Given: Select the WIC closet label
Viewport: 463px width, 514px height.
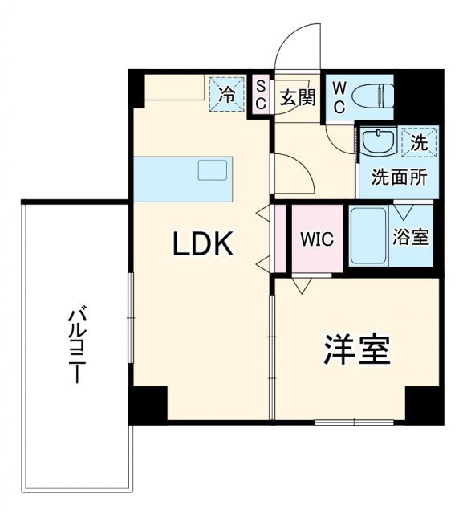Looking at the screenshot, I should pyautogui.click(x=317, y=239).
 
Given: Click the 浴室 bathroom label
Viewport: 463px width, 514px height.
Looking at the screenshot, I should pyautogui.click(x=410, y=238).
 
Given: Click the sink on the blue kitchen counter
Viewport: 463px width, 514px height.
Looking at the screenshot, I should pyautogui.click(x=213, y=170).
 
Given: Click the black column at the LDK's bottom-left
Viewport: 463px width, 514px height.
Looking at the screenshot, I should pyautogui.click(x=149, y=403).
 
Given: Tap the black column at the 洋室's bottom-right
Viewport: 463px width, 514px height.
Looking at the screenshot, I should pyautogui.click(x=424, y=403).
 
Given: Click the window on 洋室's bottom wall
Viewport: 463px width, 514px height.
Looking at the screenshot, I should pyautogui.click(x=354, y=422).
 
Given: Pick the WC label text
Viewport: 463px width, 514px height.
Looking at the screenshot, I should pyautogui.click(x=338, y=95).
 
